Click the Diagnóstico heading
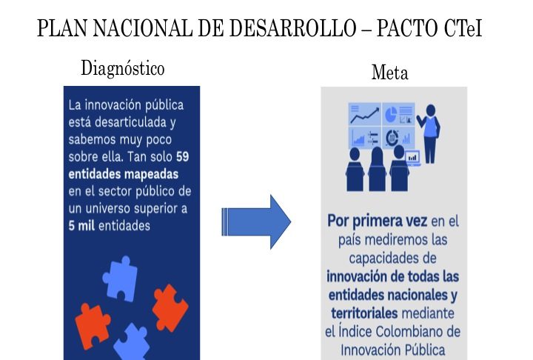pyautogui.click(x=123, y=68)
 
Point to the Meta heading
pyautogui.click(x=390, y=73)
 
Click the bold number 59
pyautogui.click(x=183, y=157)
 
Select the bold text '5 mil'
pyautogui.click(x=81, y=226)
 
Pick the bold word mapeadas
pyautogui.click(x=151, y=174)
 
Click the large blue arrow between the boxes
pyautogui.click(x=256, y=222)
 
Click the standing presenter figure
pyautogui.click(x=429, y=133)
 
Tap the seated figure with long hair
pyautogui.click(x=378, y=169)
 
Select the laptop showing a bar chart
pyautogui.click(x=413, y=159)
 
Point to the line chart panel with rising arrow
pyautogui.click(x=364, y=114)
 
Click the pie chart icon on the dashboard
pyautogui.click(x=391, y=114)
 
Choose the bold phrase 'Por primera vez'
pyautogui.click(x=377, y=221)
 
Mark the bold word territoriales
pyautogui.click(x=364, y=313)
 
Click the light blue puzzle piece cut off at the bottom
pyautogui.click(x=132, y=343)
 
